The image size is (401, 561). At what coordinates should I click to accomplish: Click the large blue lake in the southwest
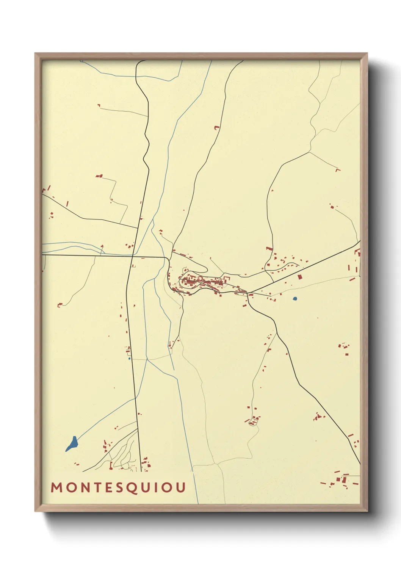(x=72, y=443)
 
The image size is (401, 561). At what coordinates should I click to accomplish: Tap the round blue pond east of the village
(x=295, y=299)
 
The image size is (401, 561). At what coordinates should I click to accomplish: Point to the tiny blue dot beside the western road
(x=129, y=358)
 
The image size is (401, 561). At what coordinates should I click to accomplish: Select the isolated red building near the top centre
(x=217, y=128)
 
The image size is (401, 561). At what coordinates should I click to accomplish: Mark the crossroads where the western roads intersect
(x=132, y=256)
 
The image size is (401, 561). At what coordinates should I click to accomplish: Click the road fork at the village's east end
(x=247, y=292)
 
